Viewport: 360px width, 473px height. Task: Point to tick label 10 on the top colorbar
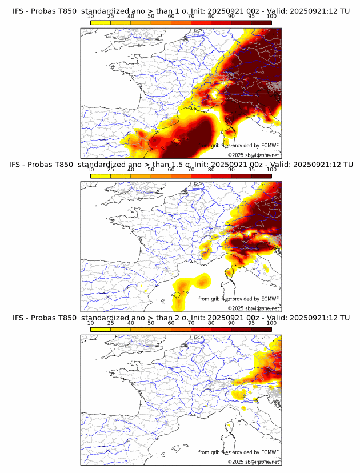coord(91,15)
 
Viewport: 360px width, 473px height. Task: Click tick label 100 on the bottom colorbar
coord(271,323)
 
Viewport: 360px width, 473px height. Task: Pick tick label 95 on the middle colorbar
coord(251,170)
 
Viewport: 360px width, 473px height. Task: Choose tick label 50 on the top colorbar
coord(151,15)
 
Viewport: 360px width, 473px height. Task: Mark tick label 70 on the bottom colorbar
coord(191,323)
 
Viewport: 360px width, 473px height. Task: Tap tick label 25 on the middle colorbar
coord(111,170)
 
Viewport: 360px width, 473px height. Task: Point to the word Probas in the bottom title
coord(43,318)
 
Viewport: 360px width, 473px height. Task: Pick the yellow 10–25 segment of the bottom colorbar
coord(101,329)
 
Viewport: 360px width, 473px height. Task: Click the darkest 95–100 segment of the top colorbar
coord(261,22)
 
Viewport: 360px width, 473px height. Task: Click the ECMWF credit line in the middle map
coord(238,299)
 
